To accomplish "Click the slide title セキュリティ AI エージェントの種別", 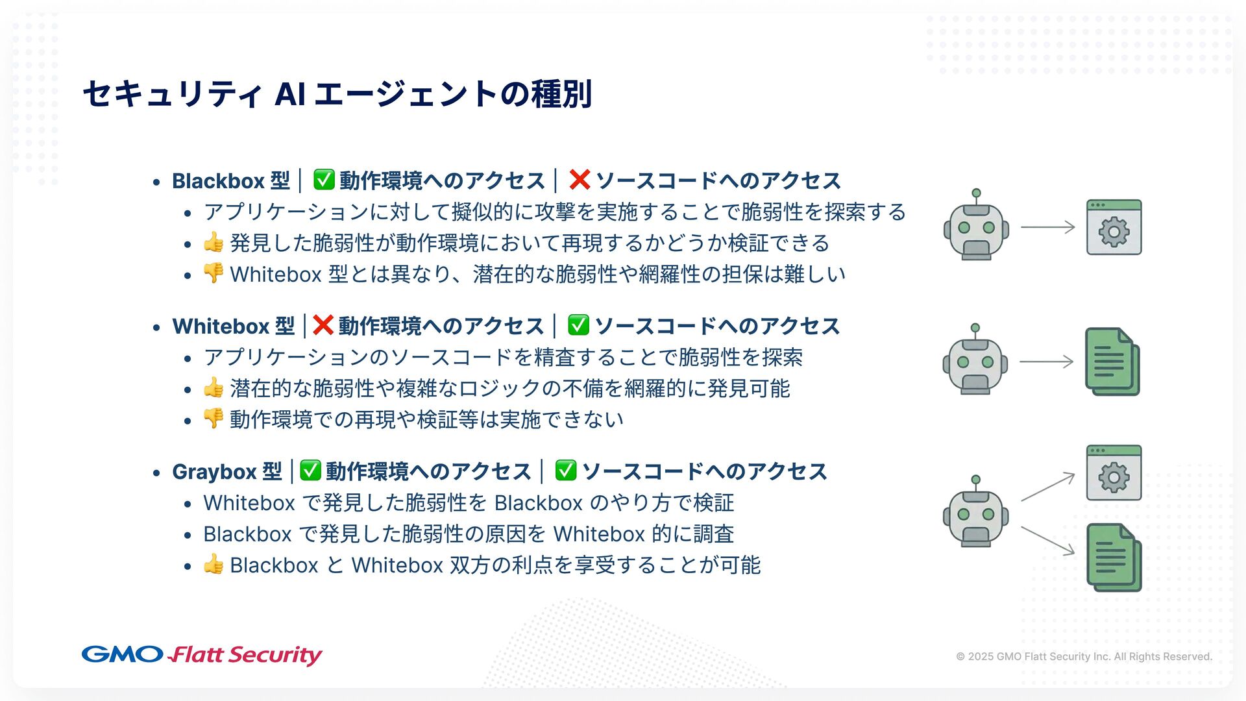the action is [x=337, y=94].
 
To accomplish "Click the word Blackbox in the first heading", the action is [x=218, y=180].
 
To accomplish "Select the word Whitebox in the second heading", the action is [x=221, y=326].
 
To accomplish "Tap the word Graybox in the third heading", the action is [x=214, y=471].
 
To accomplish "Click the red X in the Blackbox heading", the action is [x=579, y=179].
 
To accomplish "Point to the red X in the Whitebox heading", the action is [x=323, y=325].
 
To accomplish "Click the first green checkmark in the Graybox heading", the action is [x=310, y=470].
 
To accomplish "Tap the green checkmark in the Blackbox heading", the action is [x=324, y=179].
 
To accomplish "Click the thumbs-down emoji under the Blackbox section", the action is [x=214, y=273].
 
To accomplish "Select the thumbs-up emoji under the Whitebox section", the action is [x=214, y=387].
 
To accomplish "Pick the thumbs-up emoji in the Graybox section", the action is [x=214, y=564].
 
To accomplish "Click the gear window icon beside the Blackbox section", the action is [x=1114, y=227].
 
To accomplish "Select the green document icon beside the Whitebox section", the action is [x=1112, y=362].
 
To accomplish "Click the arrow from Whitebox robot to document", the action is [x=1046, y=362].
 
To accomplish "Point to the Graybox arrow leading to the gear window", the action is [x=1047, y=487].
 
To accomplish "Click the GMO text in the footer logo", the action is [x=122, y=654].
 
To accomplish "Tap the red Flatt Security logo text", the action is [x=245, y=655].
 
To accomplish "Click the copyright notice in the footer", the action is [x=1083, y=656].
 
